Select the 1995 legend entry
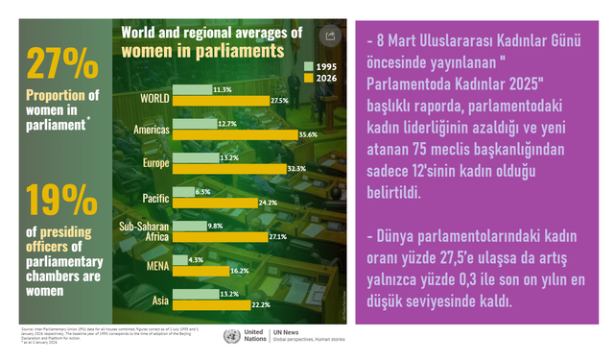[320, 67]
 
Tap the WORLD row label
[155, 98]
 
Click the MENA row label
[157, 265]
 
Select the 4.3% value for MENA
[196, 259]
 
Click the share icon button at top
[329, 36]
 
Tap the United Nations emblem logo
[231, 336]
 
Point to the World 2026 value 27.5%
[279, 101]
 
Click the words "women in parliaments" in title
[202, 49]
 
